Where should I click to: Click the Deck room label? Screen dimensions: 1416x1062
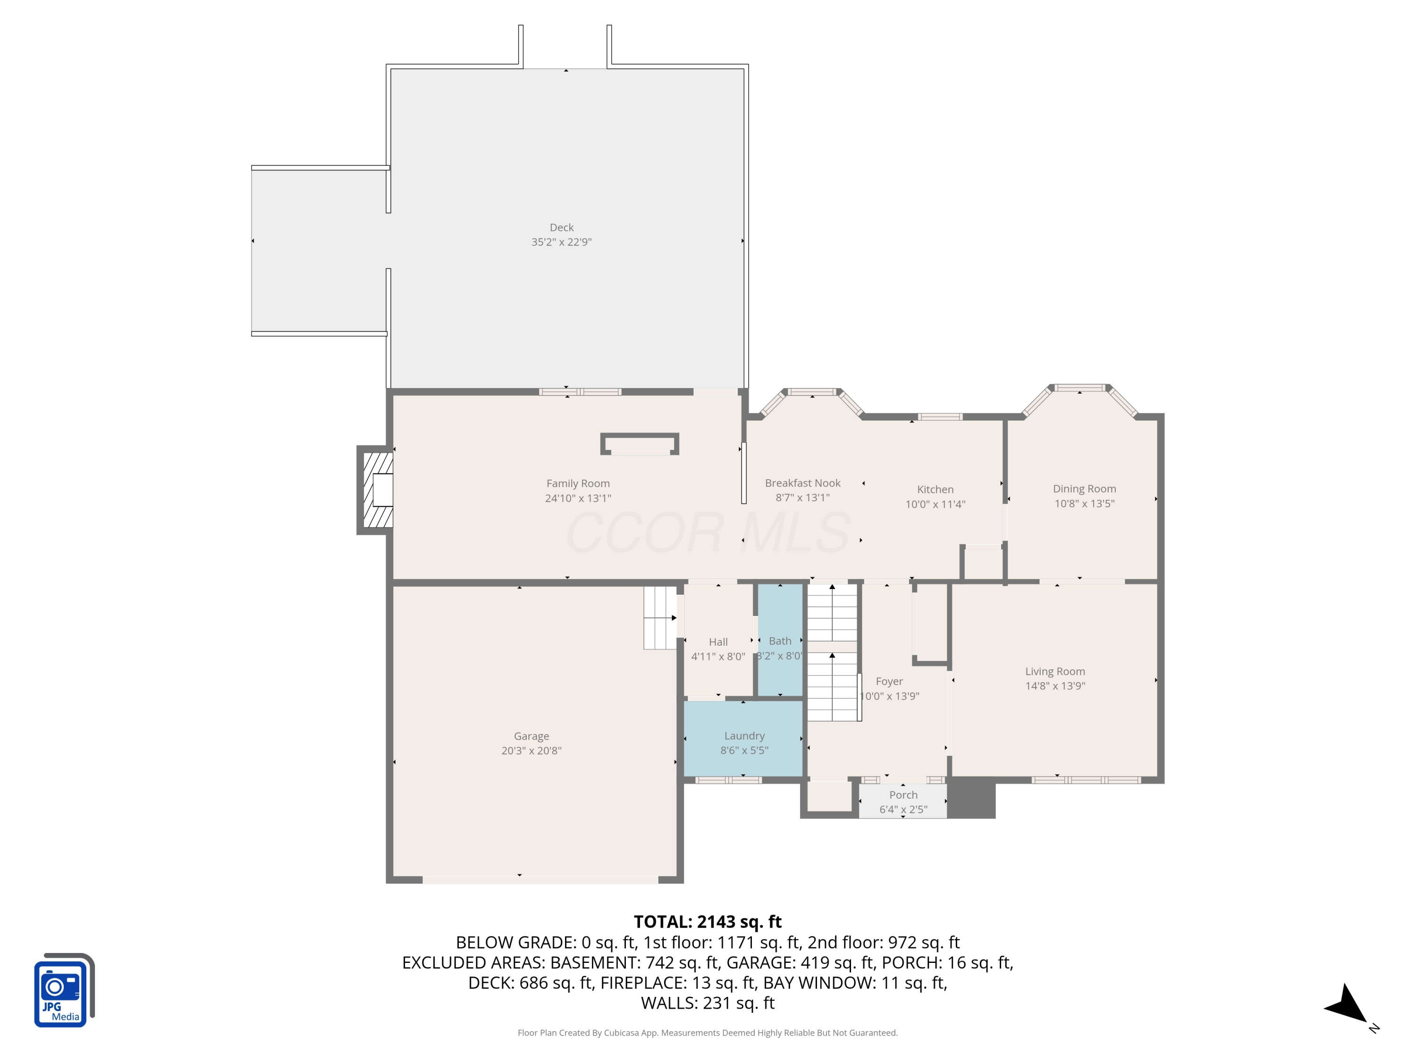point(561,227)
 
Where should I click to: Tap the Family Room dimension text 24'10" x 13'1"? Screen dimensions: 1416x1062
point(578,498)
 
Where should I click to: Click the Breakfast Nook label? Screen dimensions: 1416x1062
point(803,483)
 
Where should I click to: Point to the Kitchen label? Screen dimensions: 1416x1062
point(935,489)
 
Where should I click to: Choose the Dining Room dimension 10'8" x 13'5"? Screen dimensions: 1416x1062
point(1084,503)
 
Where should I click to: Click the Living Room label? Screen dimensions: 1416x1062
point(1055,671)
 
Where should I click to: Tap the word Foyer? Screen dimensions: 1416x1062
point(889,681)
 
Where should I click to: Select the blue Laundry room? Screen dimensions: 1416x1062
point(744,739)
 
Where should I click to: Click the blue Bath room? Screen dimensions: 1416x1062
point(780,640)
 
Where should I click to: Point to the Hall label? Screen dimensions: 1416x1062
point(718,641)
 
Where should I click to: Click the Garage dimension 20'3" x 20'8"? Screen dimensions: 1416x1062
point(531,750)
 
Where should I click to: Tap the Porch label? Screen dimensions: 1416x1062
point(903,794)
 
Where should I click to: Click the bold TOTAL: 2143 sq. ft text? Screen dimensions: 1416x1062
point(708,921)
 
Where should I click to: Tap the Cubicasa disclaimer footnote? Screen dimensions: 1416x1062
point(708,1033)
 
